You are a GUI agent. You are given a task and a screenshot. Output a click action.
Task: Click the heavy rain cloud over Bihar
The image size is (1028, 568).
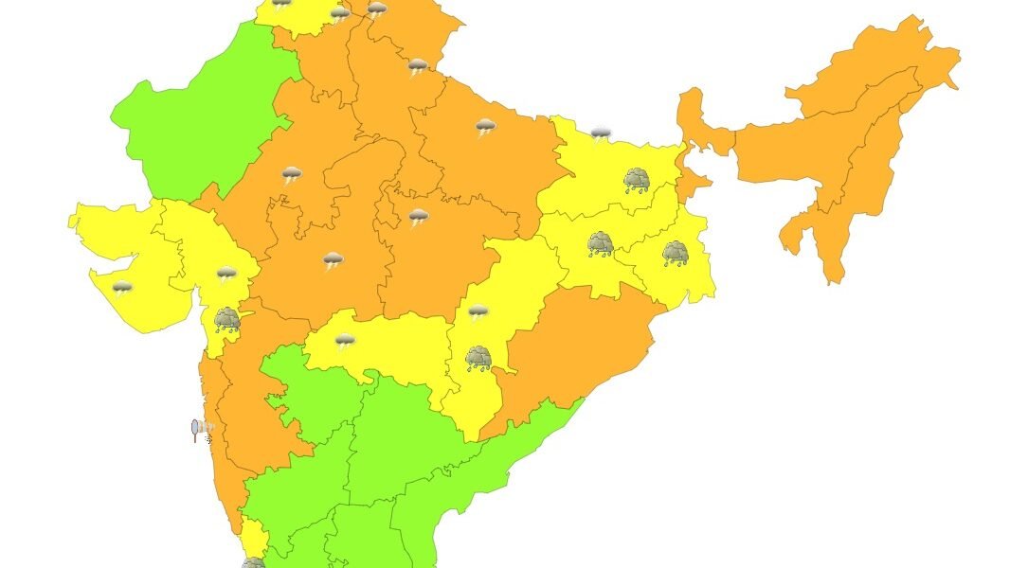tap(636, 180)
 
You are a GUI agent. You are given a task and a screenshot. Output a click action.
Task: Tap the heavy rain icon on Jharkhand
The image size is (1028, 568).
tap(600, 244)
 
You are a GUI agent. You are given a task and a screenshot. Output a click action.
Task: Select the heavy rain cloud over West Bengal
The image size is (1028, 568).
tap(675, 253)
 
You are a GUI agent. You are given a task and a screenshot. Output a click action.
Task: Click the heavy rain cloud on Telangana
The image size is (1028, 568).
tap(478, 357)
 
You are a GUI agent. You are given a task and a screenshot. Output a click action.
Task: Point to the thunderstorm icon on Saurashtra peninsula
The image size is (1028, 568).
tap(122, 288)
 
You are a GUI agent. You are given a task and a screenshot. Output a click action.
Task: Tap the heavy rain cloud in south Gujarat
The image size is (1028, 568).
tap(226, 319)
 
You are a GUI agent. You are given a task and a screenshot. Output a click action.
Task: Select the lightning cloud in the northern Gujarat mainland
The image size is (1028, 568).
tap(225, 275)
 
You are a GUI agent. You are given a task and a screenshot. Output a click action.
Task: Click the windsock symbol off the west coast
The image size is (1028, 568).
tap(200, 431)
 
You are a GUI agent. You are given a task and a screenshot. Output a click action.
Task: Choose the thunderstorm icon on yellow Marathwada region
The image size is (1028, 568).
tap(345, 340)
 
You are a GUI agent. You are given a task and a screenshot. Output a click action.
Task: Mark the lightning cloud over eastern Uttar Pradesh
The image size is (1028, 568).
tap(485, 127)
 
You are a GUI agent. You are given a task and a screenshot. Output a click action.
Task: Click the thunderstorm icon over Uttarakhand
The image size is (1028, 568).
tap(417, 66)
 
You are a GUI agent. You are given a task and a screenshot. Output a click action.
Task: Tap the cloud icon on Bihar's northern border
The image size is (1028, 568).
tap(601, 134)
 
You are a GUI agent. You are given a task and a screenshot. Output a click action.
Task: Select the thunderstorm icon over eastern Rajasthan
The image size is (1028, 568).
tap(291, 174)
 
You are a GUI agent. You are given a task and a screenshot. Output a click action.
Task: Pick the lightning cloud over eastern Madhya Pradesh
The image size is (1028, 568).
tap(418, 218)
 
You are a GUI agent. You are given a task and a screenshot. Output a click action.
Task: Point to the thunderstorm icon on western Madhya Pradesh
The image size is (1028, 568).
tap(333, 260)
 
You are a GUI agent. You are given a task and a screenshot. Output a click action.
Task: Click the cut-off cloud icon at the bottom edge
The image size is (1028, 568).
tap(252, 562)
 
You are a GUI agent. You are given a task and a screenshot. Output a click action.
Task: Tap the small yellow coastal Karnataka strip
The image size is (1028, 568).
tap(251, 536)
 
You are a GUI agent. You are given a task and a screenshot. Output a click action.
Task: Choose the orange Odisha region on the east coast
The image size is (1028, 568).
tap(578, 350)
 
